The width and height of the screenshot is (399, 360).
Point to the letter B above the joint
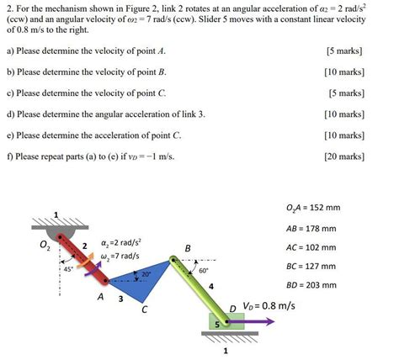pos(188,247)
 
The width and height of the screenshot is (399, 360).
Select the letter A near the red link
pos(101,297)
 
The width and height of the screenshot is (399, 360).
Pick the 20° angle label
pos(146,274)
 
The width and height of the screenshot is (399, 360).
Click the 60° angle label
pos(204,271)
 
